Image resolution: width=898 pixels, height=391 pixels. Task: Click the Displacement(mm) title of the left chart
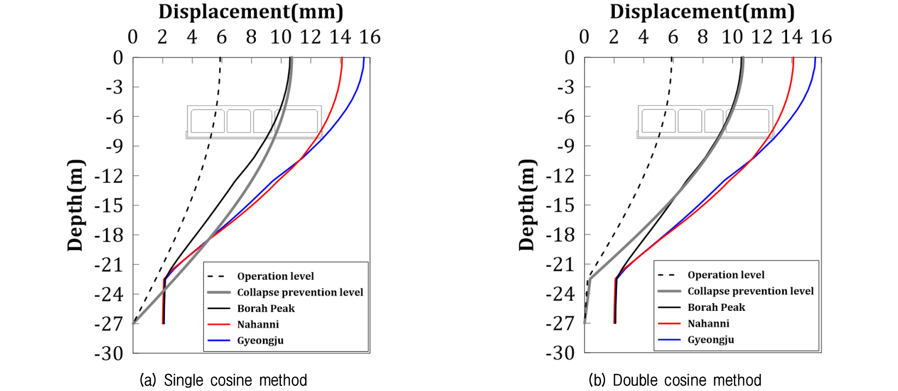pyautogui.click(x=251, y=12)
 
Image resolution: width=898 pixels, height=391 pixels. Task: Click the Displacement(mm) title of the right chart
pyautogui.click(x=702, y=12)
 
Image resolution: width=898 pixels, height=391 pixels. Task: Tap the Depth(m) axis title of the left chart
pyautogui.click(x=75, y=205)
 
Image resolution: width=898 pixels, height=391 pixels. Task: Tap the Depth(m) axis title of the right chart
pyautogui.click(x=526, y=205)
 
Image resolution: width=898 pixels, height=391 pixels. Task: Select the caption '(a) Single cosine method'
pyautogui.click(x=224, y=380)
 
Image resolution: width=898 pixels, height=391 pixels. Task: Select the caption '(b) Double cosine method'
pyautogui.click(x=675, y=380)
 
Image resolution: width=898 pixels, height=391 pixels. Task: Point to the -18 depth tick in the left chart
pyautogui.click(x=109, y=235)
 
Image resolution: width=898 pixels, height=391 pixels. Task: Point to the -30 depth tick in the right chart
pyautogui.click(x=560, y=353)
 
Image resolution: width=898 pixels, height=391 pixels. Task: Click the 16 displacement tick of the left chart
pyautogui.click(x=370, y=37)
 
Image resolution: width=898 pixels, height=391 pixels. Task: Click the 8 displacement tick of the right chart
pyautogui.click(x=703, y=37)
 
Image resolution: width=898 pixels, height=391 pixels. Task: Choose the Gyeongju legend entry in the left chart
pyautogui.click(x=260, y=340)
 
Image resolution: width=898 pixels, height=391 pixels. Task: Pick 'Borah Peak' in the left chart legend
pyautogui.click(x=266, y=308)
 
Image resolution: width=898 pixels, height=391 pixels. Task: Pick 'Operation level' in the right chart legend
pyautogui.click(x=726, y=275)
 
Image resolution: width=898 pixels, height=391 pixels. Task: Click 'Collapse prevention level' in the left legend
pyautogui.click(x=300, y=292)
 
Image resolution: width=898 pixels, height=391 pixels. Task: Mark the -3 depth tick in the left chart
pyautogui.click(x=114, y=87)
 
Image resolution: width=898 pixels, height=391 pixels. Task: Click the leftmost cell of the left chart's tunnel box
pyautogui.click(x=208, y=121)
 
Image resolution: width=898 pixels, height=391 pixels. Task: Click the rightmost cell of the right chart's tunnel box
pyautogui.click(x=747, y=121)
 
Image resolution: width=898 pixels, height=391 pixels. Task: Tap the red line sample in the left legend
pyautogui.click(x=219, y=324)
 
